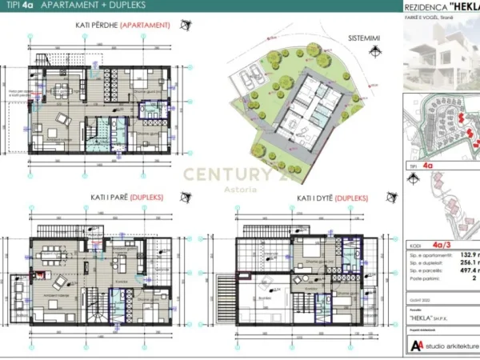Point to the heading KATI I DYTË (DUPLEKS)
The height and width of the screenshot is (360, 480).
tap(332, 197)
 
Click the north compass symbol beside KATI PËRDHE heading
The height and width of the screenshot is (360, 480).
tap(182, 25)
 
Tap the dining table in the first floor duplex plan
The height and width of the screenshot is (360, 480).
tap(51, 261)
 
